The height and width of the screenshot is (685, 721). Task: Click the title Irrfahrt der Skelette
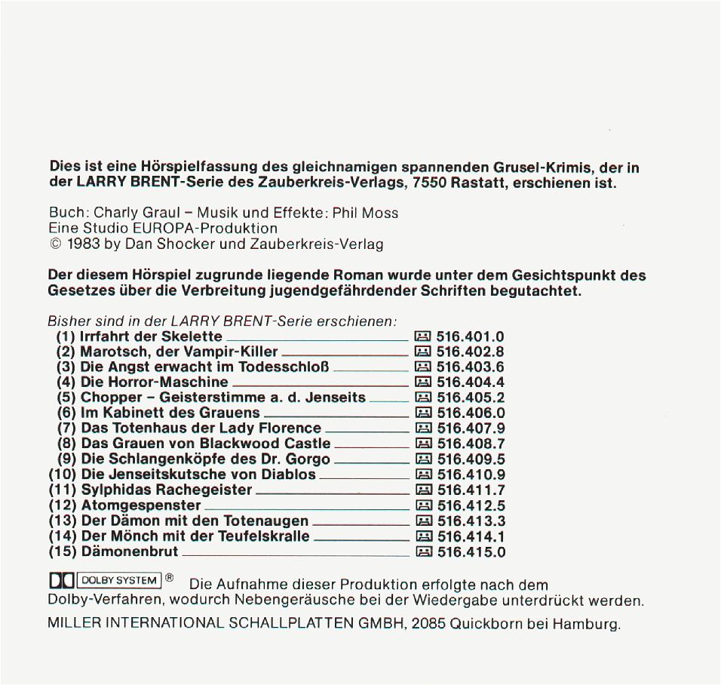[x=151, y=336]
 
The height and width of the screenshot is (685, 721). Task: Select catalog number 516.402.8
[x=471, y=352]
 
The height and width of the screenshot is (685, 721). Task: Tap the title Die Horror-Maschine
[x=154, y=382]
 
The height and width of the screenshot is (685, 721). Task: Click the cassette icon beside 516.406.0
[x=423, y=413]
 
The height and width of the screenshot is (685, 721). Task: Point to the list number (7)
[x=66, y=429]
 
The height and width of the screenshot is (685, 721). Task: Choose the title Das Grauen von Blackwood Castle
[x=205, y=444]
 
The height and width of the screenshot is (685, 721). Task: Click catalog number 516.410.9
[x=471, y=475]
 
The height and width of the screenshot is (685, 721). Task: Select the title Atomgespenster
[x=141, y=505]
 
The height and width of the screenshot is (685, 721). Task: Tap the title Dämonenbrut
[x=130, y=551]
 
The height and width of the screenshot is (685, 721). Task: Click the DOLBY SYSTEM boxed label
[x=118, y=580]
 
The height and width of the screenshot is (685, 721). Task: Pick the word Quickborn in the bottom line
[x=486, y=625]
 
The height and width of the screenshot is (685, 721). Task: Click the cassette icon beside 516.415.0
[x=423, y=552]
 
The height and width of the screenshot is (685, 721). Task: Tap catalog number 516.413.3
[x=471, y=521]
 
